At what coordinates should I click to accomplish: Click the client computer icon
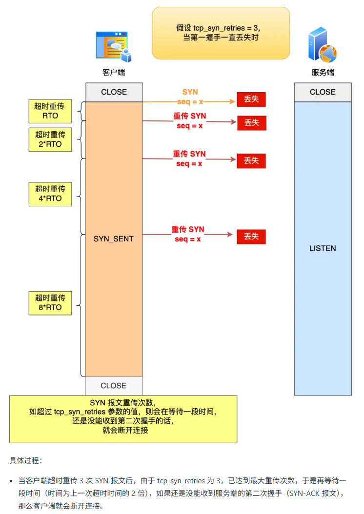114,47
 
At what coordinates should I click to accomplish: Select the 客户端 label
114,72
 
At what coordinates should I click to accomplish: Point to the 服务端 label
323,72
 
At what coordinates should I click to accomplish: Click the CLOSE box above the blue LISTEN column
323,92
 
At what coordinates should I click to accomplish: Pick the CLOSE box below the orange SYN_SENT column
114,385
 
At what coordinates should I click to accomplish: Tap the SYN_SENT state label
114,239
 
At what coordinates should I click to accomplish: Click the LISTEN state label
323,248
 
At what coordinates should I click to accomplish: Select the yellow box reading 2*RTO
50,139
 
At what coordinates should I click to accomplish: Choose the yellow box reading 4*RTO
50,194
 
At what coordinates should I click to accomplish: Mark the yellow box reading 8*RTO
50,302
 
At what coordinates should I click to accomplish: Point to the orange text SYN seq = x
190,97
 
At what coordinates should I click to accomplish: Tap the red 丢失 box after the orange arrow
251,99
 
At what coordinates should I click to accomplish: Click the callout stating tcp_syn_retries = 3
221,33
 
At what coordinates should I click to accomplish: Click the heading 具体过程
26,460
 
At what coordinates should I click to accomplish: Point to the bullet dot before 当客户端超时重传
12,481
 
